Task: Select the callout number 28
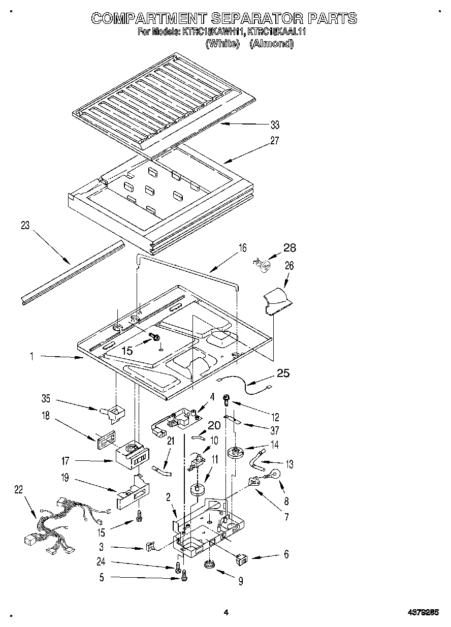(x=289, y=248)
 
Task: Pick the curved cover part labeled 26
(x=276, y=299)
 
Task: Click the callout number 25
(x=283, y=373)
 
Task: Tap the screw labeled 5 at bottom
(x=184, y=576)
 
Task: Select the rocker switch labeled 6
(x=241, y=559)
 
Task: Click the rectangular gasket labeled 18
(x=103, y=438)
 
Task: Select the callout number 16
(x=242, y=248)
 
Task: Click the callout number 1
(x=32, y=357)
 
